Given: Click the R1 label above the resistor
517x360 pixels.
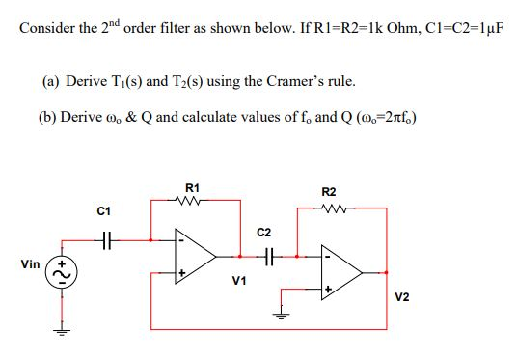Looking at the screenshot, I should [191, 187].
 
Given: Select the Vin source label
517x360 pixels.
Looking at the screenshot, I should [28, 262].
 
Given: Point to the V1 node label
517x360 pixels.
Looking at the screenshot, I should [240, 281].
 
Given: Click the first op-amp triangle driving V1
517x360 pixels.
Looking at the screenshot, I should [195, 255].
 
